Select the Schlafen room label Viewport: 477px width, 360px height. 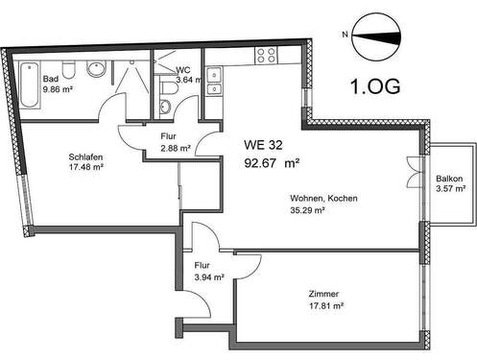click(x=85, y=157)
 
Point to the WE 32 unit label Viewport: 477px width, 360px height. click(x=262, y=145)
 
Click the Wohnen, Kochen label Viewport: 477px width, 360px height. click(x=323, y=198)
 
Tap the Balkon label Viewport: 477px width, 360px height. click(x=449, y=179)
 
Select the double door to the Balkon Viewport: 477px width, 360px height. click(x=414, y=173)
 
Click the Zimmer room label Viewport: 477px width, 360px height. click(x=327, y=295)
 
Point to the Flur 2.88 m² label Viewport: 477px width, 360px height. click(x=175, y=143)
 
